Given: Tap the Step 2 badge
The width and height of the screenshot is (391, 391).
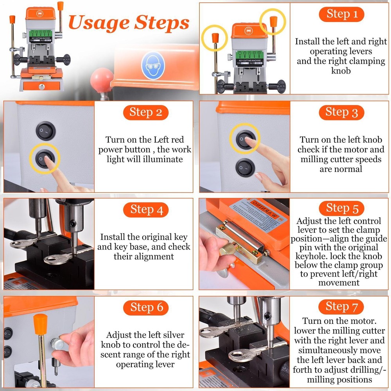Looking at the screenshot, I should (x=145, y=113).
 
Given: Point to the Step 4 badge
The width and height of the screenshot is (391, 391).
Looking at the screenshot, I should (x=146, y=210).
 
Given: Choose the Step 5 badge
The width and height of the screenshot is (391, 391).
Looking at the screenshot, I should (x=342, y=208).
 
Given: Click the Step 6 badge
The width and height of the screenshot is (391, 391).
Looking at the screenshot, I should (x=146, y=308).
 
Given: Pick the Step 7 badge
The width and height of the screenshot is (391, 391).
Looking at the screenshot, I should (x=342, y=307).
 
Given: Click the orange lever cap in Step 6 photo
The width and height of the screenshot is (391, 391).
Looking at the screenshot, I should (x=41, y=323).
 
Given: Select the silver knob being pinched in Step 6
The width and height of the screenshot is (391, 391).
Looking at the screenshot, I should (x=57, y=344).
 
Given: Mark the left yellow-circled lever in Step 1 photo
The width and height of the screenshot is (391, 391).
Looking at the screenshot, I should (x=215, y=38).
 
